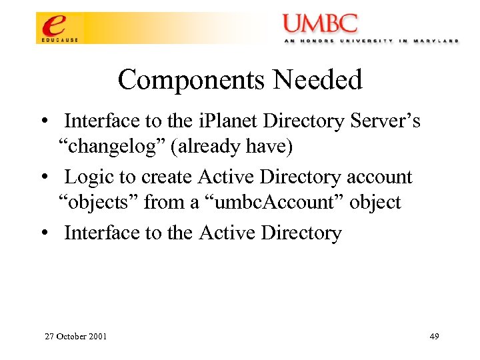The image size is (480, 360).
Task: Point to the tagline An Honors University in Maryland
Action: [x=371, y=41]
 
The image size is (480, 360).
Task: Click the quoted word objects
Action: [x=97, y=201]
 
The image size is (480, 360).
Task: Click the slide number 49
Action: [x=434, y=336]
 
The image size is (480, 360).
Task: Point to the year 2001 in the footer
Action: [x=98, y=336]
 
